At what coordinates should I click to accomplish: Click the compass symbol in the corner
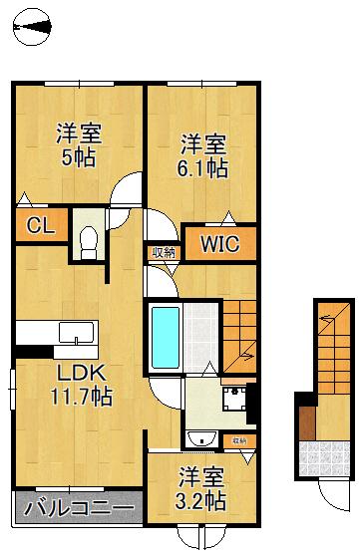[x=31, y=27]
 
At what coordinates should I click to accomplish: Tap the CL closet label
[x=41, y=225]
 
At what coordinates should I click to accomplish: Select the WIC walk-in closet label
[x=219, y=244]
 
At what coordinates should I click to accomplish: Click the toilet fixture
[x=88, y=243]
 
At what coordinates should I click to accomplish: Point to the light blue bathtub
[x=166, y=337]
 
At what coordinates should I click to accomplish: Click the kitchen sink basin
[x=77, y=332]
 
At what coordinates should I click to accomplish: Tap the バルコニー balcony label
[x=79, y=507]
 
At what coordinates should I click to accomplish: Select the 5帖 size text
[x=78, y=157]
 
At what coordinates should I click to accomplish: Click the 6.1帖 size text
[x=202, y=168]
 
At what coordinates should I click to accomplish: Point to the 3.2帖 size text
[x=200, y=500]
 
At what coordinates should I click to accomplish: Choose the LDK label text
[x=82, y=373]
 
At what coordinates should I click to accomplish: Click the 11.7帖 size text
[x=82, y=396]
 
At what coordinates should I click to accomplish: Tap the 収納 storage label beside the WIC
[x=164, y=253]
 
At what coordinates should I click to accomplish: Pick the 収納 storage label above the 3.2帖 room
[x=239, y=441]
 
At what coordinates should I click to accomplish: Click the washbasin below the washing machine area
[x=202, y=438]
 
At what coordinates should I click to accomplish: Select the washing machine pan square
[x=234, y=399]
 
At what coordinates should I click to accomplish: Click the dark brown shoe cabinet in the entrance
[x=307, y=422]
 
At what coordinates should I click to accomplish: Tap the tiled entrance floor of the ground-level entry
[x=324, y=458]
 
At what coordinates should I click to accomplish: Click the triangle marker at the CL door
[x=24, y=199]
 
